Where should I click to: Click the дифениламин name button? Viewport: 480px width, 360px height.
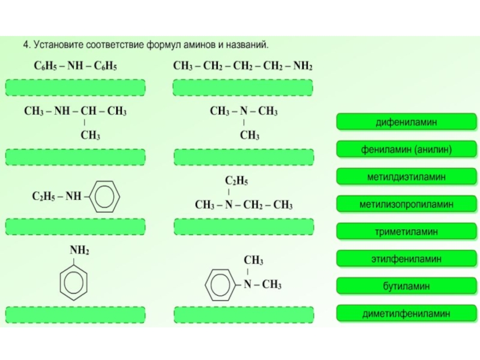pos(406,122)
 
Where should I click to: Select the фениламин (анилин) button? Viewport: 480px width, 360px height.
pos(406,149)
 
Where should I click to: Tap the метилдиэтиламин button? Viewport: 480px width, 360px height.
pos(406,176)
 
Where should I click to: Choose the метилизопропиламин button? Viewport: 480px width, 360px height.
pos(406,204)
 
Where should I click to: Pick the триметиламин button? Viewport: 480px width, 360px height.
pos(406,232)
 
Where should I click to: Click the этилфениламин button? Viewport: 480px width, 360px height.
pos(406,259)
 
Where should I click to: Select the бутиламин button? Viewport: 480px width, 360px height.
pos(406,286)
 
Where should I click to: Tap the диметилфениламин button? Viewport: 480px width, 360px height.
pos(406,313)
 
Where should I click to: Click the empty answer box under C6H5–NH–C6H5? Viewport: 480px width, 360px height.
pos(76,88)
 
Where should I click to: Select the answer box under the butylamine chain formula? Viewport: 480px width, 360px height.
pos(243,88)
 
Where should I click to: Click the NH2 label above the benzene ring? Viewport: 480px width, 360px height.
pos(79,250)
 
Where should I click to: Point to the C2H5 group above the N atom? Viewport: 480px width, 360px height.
pos(236,181)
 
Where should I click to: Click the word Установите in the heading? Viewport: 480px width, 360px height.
pos(58,44)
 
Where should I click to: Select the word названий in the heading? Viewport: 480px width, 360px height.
pos(247,44)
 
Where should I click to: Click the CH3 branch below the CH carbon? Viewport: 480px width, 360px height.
pos(91,135)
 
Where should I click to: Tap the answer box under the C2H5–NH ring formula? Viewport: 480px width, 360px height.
pos(76,227)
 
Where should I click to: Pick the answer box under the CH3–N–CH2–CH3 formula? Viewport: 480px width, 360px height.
pos(244,227)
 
